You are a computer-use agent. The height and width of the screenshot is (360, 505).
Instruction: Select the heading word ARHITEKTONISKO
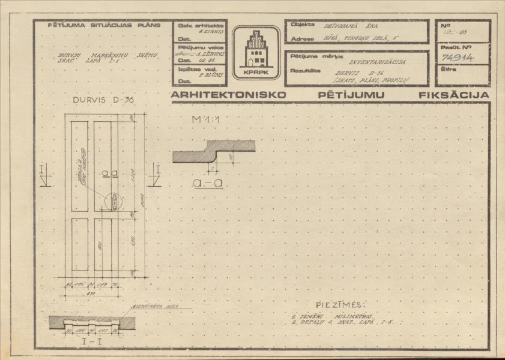[223, 95]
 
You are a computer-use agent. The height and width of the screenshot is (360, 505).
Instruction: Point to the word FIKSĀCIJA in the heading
[454, 95]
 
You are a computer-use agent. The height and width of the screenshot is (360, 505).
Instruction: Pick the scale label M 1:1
[204, 120]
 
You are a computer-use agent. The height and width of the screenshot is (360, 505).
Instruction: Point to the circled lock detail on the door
[113, 202]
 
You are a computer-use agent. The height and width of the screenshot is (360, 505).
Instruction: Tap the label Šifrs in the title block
[449, 69]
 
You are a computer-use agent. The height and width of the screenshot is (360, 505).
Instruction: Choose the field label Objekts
[303, 25]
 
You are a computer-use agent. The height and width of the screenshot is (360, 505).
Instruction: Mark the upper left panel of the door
[80, 166]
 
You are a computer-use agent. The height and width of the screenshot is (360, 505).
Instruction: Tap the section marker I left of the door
[46, 176]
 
